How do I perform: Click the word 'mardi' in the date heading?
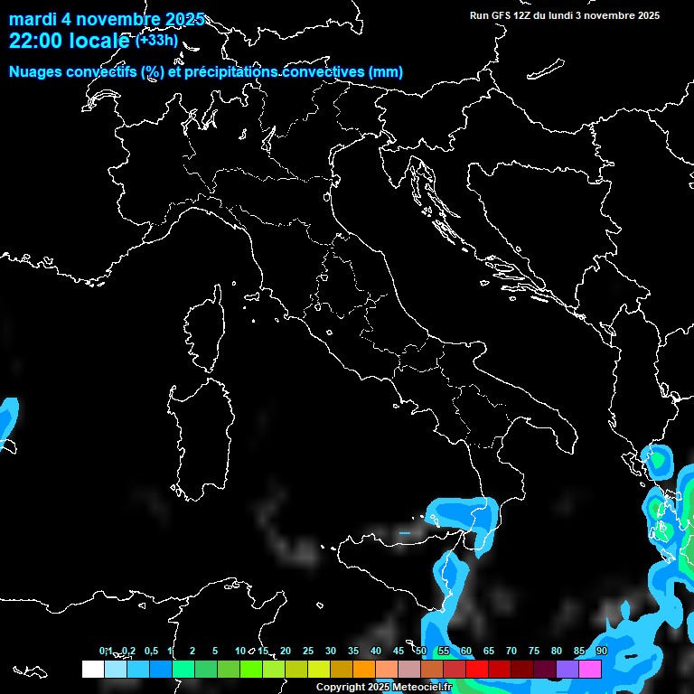coord(32,20)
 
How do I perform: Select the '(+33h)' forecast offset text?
coord(155,41)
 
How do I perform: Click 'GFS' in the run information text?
coord(502,15)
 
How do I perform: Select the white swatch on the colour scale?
coord(92,670)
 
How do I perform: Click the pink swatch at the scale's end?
coord(590,670)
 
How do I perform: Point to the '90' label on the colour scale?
coord(601,651)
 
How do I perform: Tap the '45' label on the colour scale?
coord(399,651)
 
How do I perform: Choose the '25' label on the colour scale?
coord(308,651)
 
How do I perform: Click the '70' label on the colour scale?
coord(511,651)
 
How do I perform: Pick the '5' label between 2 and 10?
coord(215,651)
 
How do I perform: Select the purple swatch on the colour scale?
coord(567,670)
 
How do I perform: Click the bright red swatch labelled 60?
coord(477,670)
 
